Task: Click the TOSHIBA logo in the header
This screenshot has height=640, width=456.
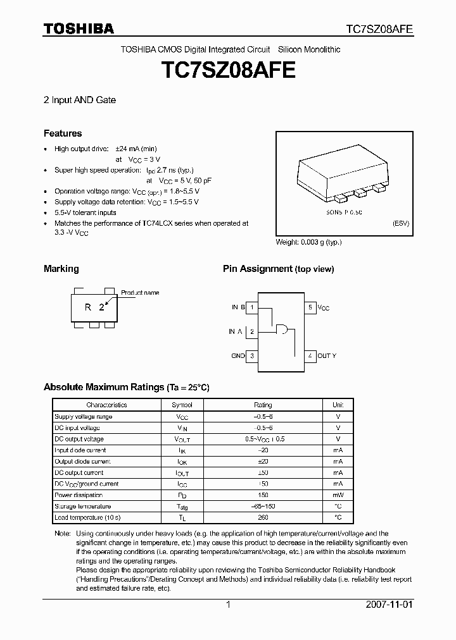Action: pos(79,28)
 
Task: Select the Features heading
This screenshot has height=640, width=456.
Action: pos(63,133)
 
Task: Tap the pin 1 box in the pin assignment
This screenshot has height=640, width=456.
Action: pos(252,307)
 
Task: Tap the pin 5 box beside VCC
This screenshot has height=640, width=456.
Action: pos(310,307)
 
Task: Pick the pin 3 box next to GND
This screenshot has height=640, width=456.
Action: pos(252,356)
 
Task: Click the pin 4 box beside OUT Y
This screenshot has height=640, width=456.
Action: pos(310,356)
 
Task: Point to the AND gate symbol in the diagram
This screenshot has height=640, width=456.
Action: pos(281,329)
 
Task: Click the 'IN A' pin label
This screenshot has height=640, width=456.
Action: pos(235,331)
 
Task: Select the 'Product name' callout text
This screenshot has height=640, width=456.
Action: pos(140,293)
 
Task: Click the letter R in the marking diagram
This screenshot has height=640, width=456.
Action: pos(89,307)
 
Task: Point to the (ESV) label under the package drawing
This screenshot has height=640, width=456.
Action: pos(400,224)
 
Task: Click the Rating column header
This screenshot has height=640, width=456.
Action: pos(263,405)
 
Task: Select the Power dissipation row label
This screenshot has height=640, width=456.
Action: pos(79,495)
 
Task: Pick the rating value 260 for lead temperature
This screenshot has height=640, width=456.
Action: pos(263,517)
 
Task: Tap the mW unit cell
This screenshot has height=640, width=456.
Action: pos(338,495)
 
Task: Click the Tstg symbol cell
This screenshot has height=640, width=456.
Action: pos(182,507)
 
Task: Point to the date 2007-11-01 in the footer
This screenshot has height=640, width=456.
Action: pos(389,605)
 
